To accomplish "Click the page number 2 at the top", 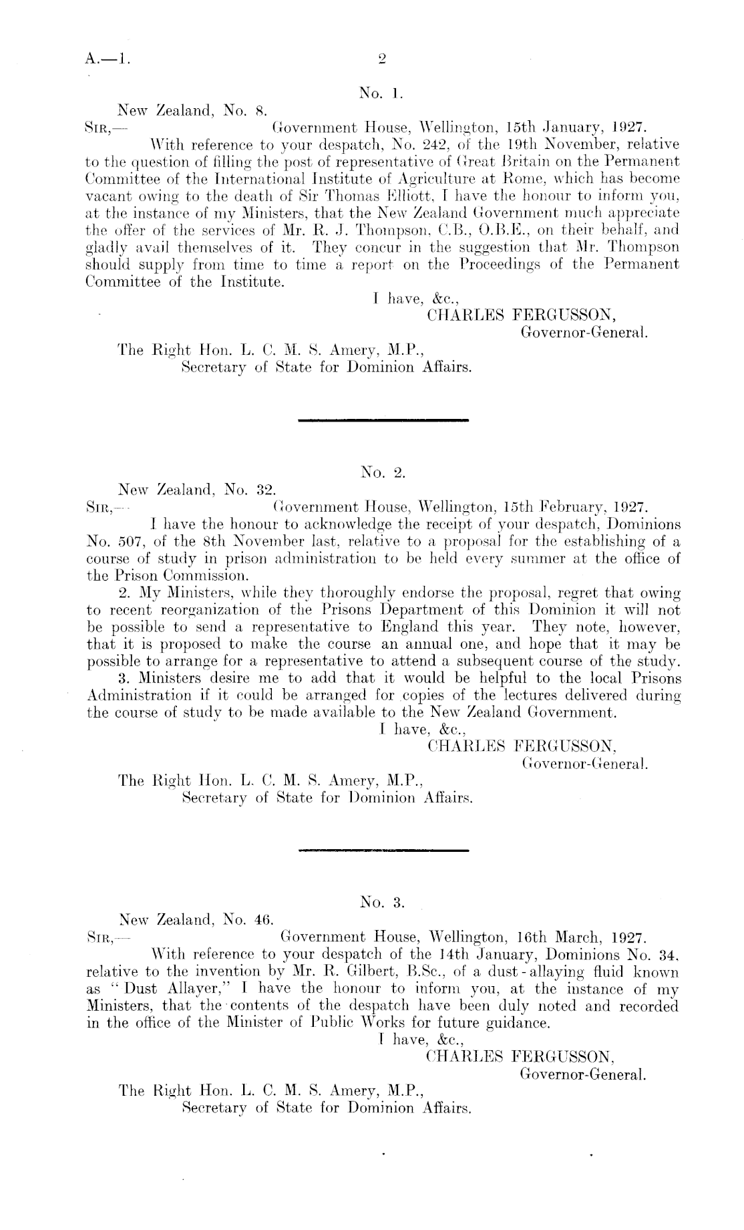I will (x=382, y=58).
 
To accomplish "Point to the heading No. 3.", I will (x=383, y=903).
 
